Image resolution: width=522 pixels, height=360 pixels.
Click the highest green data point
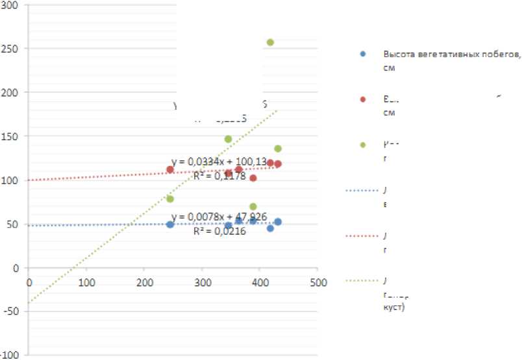pyautogui.click(x=270, y=42)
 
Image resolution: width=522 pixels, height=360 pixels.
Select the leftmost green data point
pyautogui.click(x=170, y=198)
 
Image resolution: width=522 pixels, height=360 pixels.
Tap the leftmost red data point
pyautogui.click(x=170, y=169)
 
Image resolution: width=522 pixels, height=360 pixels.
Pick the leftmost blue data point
pyautogui.click(x=170, y=224)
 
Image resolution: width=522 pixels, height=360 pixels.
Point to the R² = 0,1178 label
pyautogui.click(x=219, y=175)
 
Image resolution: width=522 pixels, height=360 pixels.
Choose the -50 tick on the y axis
pyautogui.click(x=12, y=311)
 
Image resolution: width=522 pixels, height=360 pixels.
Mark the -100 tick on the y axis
pyautogui.click(x=10, y=355)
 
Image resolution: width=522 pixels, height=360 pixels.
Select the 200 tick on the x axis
pyautogui.click(x=144, y=282)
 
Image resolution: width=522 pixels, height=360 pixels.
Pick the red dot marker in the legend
pyautogui.click(x=363, y=99)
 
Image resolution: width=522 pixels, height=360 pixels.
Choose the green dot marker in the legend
pyautogui.click(x=363, y=144)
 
